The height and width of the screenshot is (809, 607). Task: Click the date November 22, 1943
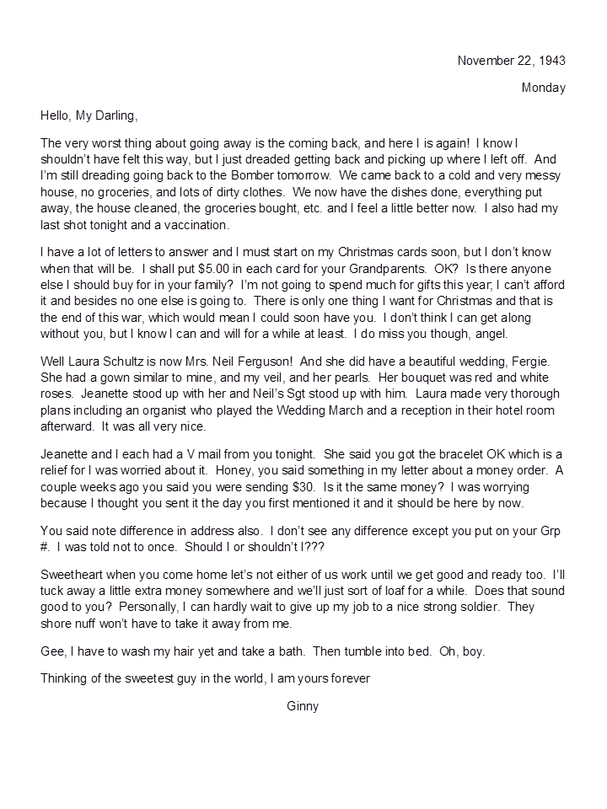511,61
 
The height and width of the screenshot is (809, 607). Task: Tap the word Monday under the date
544,88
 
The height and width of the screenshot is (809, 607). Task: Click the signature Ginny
303,706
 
